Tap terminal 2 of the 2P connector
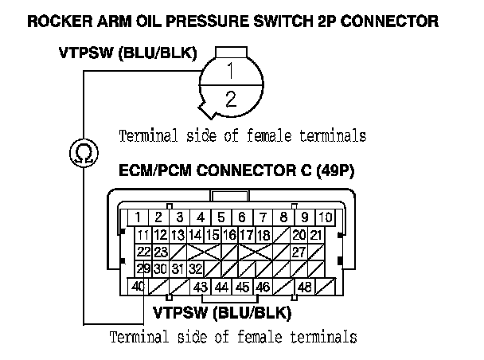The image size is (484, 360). pos(230,100)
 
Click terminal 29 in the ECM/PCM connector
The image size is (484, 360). pos(143,268)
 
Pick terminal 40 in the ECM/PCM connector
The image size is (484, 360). pos(138,286)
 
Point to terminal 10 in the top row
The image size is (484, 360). pos(325,217)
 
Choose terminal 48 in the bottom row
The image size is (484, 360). pos(304,286)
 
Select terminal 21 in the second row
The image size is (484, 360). pos(316,235)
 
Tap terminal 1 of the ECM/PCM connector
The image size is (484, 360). pos(138,217)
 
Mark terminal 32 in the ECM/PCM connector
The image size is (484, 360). pos(195,268)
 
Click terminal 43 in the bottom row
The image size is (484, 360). pos(201,286)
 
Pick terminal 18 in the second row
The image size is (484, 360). pos(263,235)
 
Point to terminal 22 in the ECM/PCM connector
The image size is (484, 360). pos(143,252)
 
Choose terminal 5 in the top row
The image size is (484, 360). pos(221,217)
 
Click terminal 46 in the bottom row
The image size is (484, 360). pos(263,286)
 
